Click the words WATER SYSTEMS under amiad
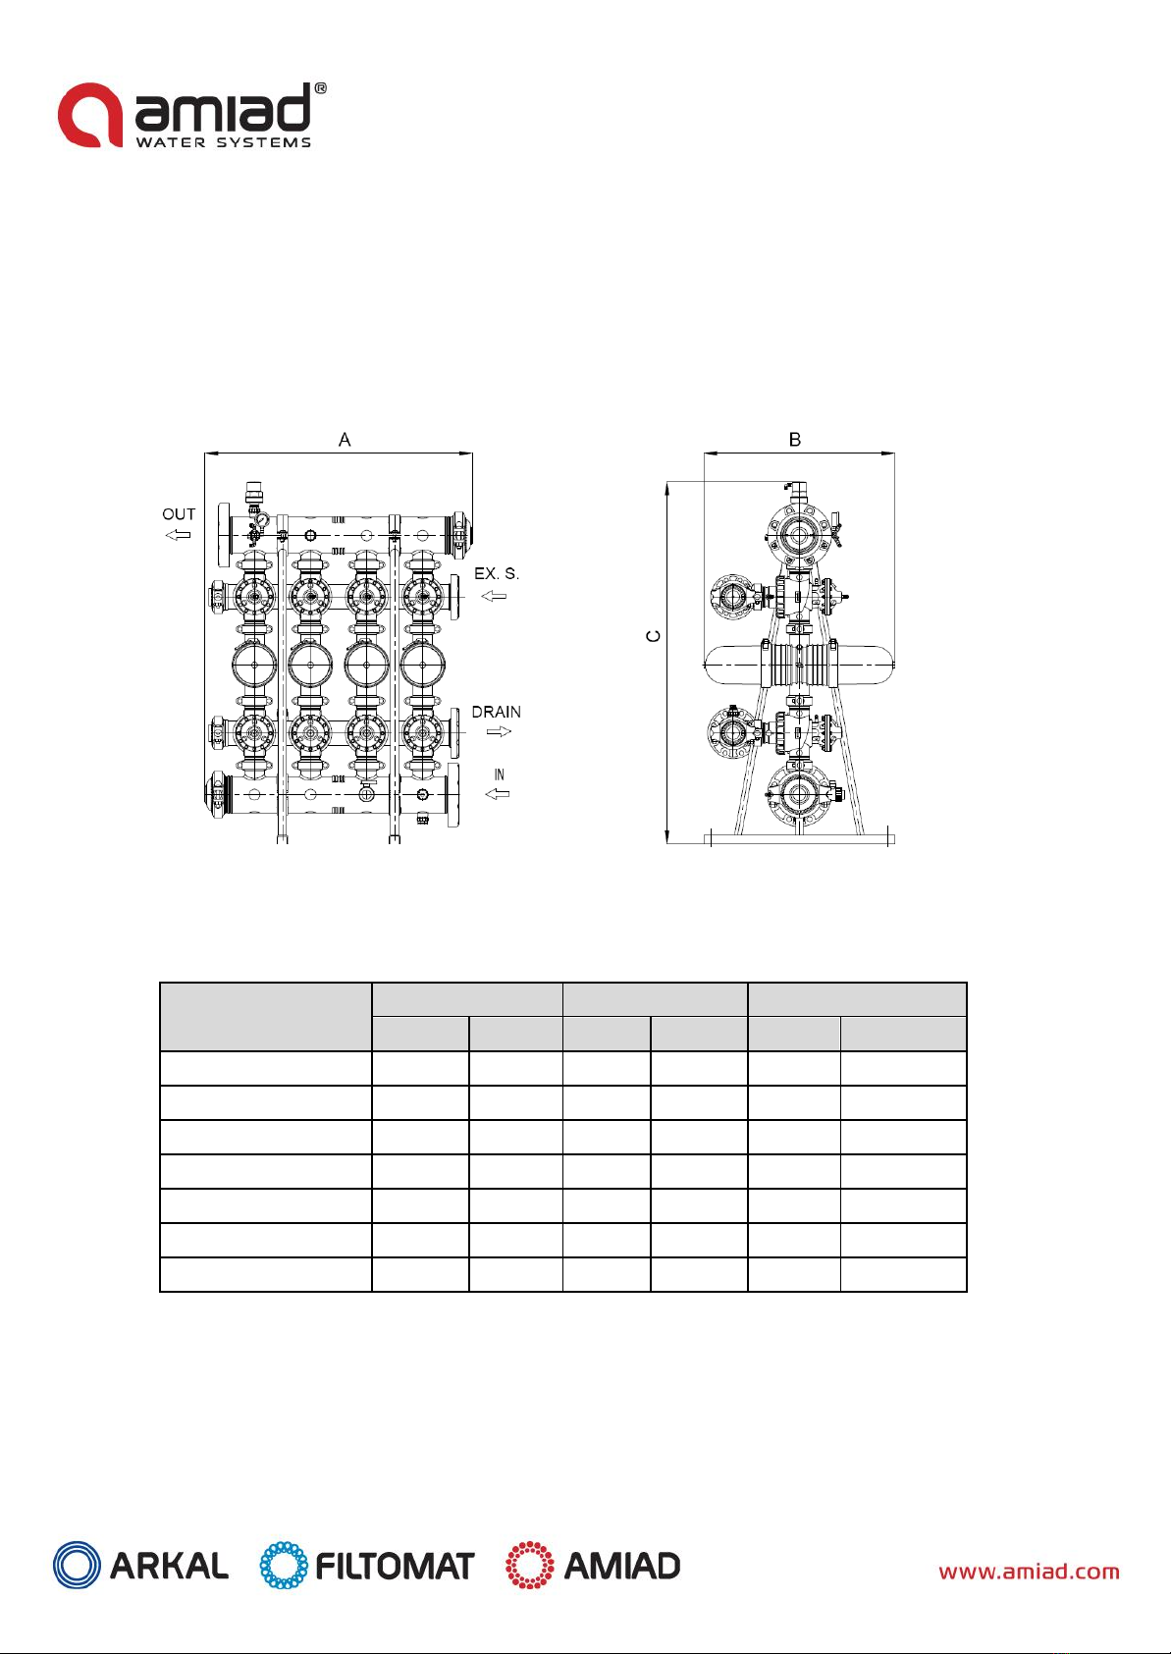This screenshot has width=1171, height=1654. coord(224,142)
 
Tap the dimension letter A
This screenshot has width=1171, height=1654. coord(345,440)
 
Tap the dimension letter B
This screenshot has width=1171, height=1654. coord(794,440)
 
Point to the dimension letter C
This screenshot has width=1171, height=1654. coord(654,636)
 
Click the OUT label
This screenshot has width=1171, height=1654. coord(179,514)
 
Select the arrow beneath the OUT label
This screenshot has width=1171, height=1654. coord(178,535)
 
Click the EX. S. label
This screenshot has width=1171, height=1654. coord(497,573)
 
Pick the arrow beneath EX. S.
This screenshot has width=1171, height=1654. coord(494,596)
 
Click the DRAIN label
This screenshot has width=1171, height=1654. coord(496,712)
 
